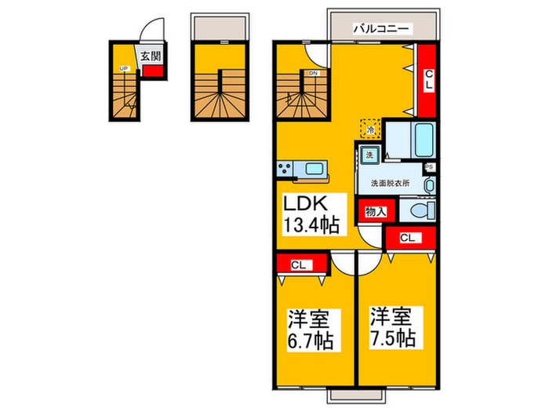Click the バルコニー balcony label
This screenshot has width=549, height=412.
pos(382,27)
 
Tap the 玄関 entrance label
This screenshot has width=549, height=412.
pos(151,56)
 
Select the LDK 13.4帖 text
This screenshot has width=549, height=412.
pos(311,214)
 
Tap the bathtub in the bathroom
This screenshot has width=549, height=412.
pos(423,140)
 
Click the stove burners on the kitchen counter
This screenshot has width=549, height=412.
pos(286,168)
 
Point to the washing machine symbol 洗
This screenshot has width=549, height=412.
pos(370,155)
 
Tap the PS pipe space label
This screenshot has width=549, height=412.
pos(429,167)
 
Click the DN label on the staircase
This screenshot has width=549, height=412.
pos(313,74)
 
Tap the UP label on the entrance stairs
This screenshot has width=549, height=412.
pos(123,69)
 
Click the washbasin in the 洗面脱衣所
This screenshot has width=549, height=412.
pos(429,185)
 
